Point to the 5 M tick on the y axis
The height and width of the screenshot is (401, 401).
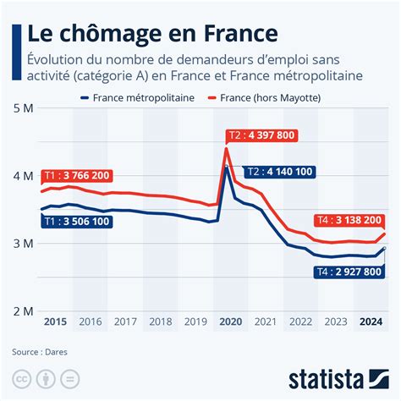pos(24,109)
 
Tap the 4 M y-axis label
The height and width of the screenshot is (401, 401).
pos(24,176)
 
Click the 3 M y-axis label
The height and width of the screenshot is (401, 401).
pos(24,244)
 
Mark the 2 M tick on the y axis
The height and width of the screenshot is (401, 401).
pos(24,311)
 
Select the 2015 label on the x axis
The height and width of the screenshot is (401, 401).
pos(54,321)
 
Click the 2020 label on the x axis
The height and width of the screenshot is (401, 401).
pos(230,321)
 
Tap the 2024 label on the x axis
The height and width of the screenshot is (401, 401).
pos(369,321)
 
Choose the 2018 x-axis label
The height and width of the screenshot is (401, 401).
pos(160,321)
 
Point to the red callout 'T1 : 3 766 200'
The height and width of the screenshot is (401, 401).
pos(77,175)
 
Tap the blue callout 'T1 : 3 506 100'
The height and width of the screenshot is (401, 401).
pos(77,222)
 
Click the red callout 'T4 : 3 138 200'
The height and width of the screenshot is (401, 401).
pos(348,219)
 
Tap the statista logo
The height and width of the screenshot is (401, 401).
pos(336,376)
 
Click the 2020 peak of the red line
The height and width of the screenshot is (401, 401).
pos(226,149)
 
